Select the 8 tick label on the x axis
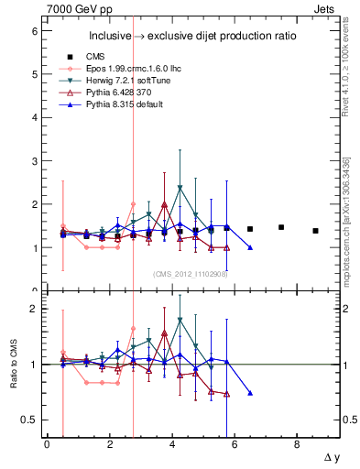(x=297, y=444)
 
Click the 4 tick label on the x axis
(x=172, y=444)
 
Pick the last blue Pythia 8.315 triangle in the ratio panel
(x=250, y=393)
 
